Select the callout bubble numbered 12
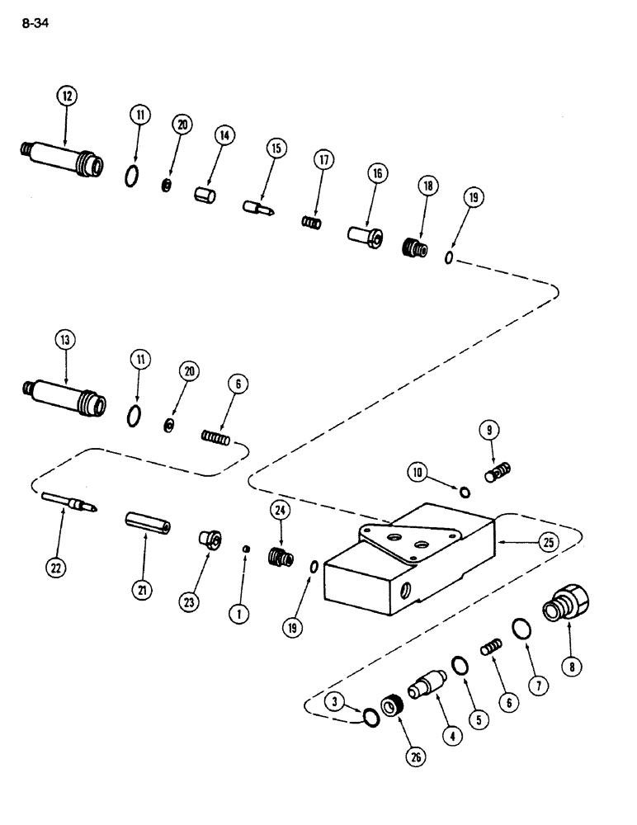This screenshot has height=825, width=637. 66,97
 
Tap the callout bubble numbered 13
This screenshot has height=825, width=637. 66,339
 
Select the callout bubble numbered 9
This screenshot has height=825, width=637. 488,431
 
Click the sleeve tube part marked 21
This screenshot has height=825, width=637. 148,523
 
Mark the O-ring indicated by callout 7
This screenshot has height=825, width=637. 521,629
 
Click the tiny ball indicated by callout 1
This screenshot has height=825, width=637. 245,547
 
